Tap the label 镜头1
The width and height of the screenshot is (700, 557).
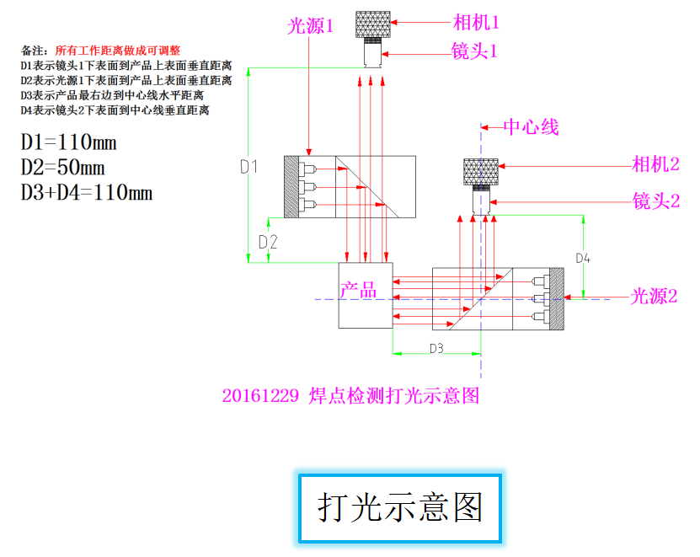(475, 51)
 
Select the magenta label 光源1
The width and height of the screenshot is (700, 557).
(311, 26)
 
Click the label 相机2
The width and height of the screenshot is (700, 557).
(655, 163)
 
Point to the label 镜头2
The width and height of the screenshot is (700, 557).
(655, 201)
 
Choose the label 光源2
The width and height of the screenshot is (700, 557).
(655, 296)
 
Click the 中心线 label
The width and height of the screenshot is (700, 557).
(531, 128)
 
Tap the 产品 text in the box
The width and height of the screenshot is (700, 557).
(358, 291)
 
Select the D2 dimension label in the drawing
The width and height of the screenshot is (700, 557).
(268, 242)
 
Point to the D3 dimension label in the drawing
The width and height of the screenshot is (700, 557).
(436, 348)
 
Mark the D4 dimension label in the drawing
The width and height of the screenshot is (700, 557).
(583, 258)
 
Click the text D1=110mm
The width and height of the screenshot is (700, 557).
(69, 141)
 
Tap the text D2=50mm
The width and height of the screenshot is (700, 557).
(63, 167)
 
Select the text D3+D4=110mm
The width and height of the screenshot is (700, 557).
(87, 193)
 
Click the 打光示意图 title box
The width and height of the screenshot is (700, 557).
(399, 507)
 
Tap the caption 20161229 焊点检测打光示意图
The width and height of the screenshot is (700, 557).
(350, 395)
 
